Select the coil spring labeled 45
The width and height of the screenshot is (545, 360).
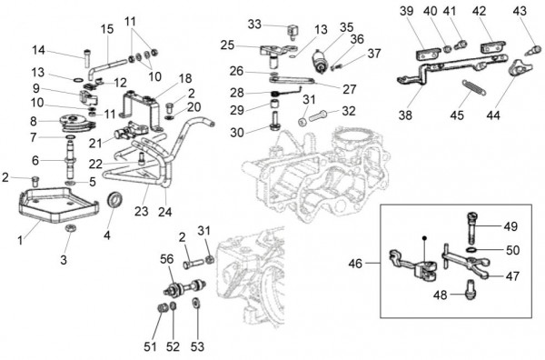[x=467, y=93]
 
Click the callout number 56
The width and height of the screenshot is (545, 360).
[x=166, y=258]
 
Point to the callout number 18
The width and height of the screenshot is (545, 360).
[x=185, y=78]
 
